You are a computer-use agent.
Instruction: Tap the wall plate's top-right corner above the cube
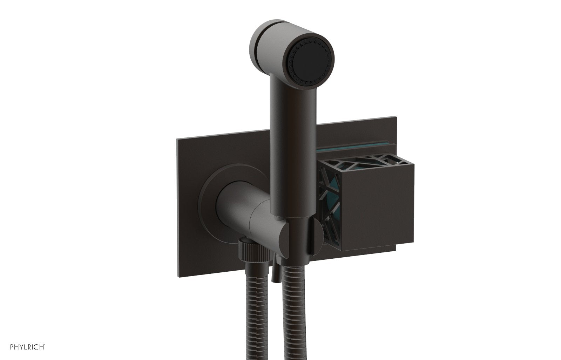point(396,125)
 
